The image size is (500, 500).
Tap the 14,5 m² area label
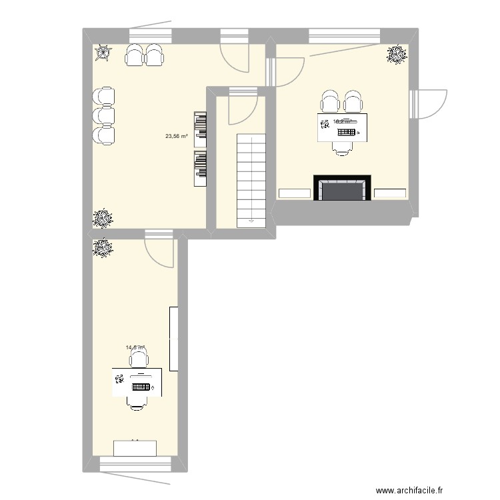point(135,347)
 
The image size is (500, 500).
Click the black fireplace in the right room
point(342,188)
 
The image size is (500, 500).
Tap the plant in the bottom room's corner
point(103,249)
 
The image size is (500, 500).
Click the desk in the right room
point(343,127)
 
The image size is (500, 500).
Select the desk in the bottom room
point(137,383)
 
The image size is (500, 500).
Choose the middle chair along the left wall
point(105,115)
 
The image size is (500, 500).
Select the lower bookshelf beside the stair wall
point(200,167)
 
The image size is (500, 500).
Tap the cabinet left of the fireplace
point(294,193)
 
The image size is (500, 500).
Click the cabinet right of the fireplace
point(390,193)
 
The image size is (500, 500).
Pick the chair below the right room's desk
point(343,149)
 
